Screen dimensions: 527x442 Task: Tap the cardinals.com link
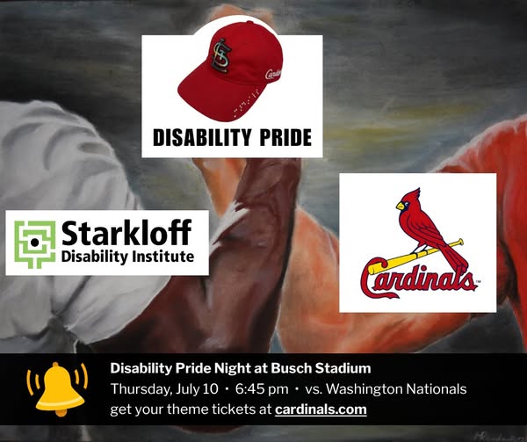(321, 409)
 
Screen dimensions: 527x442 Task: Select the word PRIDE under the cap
(285, 137)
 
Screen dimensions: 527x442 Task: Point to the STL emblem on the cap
(221, 56)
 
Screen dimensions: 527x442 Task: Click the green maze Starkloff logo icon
(34, 244)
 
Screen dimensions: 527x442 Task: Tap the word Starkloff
(126, 232)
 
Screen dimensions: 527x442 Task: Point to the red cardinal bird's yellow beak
(401, 206)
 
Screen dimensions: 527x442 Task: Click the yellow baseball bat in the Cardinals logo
(415, 257)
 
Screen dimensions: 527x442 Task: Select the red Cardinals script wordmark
(419, 279)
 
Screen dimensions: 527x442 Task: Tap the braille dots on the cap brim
(246, 101)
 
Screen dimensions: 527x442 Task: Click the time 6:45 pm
(262, 389)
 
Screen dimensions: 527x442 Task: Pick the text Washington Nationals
(396, 389)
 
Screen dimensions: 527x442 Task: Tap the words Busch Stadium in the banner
(321, 368)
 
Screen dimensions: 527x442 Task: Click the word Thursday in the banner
(141, 389)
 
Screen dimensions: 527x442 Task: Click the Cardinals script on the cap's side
(273, 74)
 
